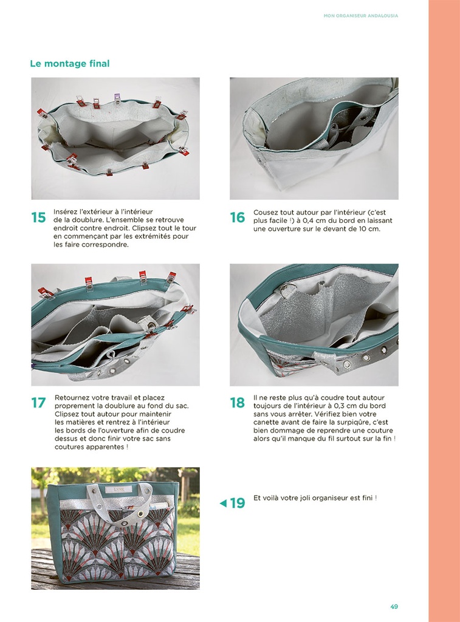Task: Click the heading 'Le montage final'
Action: [x=70, y=63]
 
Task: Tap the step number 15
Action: [x=38, y=218]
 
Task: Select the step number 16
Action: [x=238, y=218]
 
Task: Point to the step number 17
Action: [x=38, y=403]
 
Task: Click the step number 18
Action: [x=238, y=403]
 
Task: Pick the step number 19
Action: [x=238, y=503]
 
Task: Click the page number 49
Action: [x=394, y=607]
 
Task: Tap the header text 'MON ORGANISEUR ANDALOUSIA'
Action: [x=361, y=16]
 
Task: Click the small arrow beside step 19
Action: [x=223, y=503]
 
